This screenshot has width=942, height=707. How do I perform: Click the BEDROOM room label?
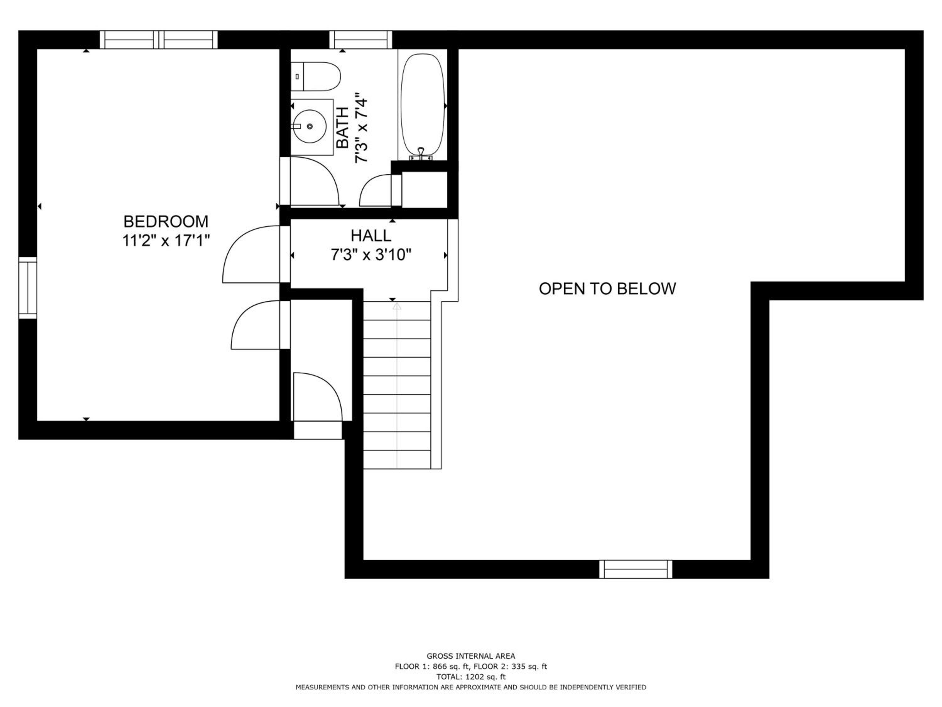166,222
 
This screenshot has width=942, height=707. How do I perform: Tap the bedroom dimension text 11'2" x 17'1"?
166,241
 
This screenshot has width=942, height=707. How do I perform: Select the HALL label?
371,235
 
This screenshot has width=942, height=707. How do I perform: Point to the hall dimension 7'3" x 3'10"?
371,255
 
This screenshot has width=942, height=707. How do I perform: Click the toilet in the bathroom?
316,76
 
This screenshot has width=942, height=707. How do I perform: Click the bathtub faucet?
421,154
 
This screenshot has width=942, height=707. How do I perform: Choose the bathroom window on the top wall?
361,40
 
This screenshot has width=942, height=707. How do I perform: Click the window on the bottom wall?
636,569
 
